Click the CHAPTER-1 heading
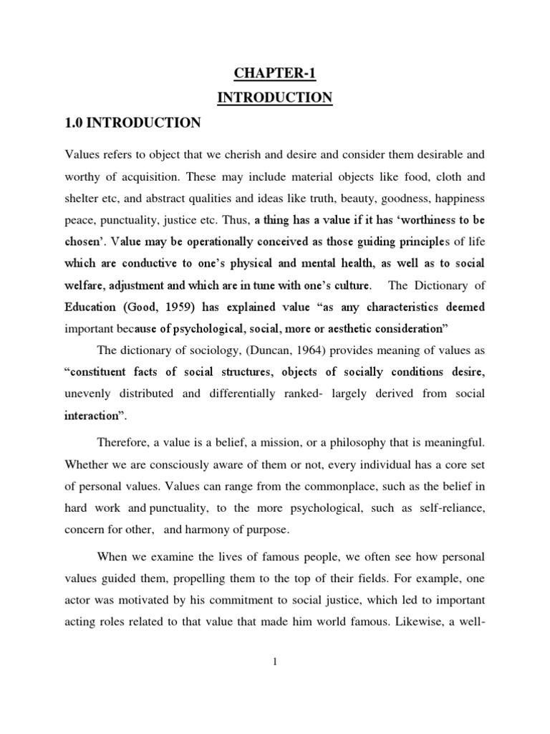274,72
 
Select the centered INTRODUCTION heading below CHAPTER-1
274,97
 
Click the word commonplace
332,487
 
